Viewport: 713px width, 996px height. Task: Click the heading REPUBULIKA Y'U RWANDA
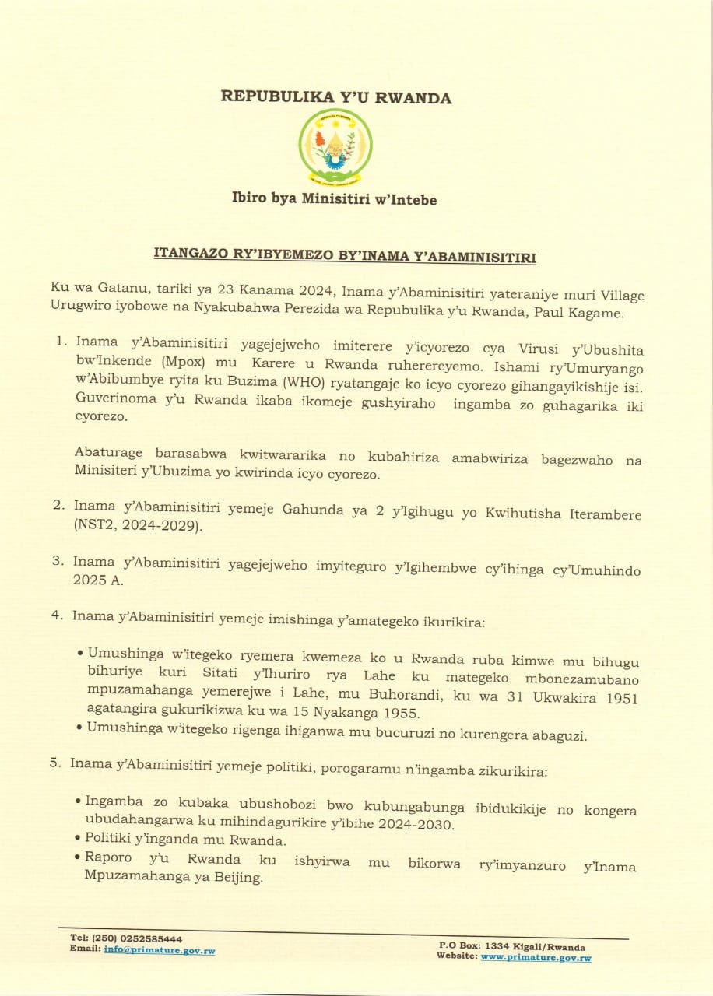click(336, 97)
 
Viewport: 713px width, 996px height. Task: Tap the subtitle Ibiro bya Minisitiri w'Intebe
click(334, 200)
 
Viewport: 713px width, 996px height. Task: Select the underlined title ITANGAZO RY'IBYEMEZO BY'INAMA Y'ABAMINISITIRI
click(346, 255)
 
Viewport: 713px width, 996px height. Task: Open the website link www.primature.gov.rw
click(536, 957)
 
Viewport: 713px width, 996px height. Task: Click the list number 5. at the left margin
click(54, 763)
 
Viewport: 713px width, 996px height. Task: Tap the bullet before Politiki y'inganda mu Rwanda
click(79, 839)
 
